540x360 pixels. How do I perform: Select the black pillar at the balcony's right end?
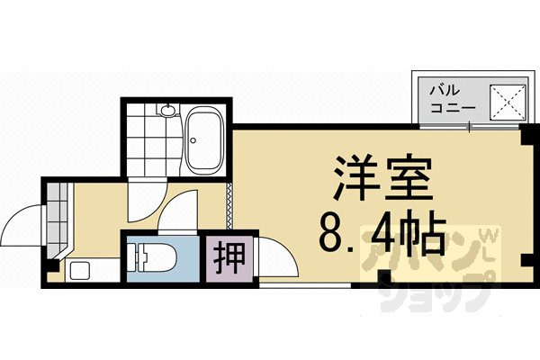pos(526,134)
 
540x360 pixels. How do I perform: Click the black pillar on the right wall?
pos(526,261)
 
